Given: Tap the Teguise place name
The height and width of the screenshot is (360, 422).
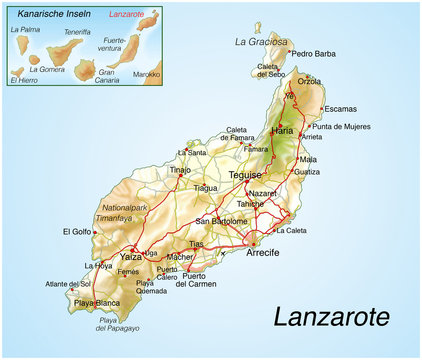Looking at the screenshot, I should click(245, 175).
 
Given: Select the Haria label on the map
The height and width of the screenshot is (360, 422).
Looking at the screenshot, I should click(283, 131).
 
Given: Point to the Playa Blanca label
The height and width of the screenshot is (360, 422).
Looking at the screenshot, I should click(96, 303).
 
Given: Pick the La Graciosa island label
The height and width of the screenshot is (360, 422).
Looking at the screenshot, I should click(260, 41).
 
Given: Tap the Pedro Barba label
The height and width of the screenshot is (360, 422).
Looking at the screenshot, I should click(314, 53).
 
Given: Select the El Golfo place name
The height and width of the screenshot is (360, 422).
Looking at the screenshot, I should click(77, 232).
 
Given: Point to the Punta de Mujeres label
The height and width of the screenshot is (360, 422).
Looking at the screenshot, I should click(341, 127).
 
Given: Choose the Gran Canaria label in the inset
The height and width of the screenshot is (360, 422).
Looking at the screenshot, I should click(107, 76).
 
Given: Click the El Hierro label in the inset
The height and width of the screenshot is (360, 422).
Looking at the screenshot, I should click(27, 80).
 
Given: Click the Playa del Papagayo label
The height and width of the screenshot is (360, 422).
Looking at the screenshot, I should click(119, 324).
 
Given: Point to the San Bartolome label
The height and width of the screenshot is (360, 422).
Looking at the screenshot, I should click(222, 221).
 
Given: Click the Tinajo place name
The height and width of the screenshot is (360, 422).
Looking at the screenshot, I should click(180, 170).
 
